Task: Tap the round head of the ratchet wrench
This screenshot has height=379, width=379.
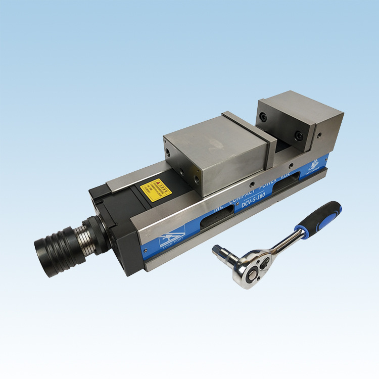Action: tap(249, 265)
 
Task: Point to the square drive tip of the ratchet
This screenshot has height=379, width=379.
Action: tap(218, 250)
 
